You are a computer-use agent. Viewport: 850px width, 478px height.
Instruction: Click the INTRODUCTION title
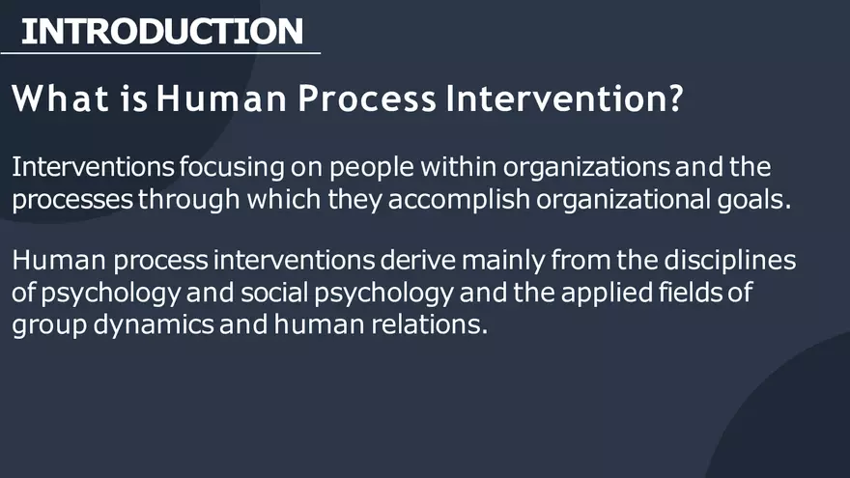(x=161, y=31)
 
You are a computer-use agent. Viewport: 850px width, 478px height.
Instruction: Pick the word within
(x=461, y=168)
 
